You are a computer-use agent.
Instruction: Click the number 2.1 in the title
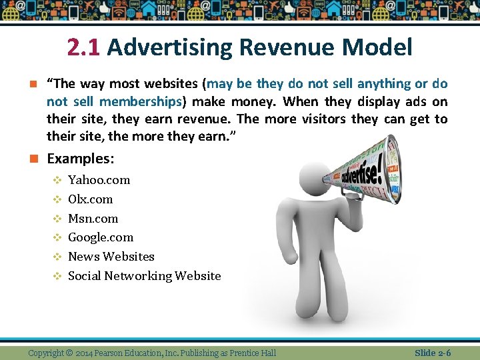(x=83, y=47)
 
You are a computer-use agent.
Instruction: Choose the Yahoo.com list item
(x=99, y=180)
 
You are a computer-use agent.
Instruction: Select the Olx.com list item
(x=91, y=199)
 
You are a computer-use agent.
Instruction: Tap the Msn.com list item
(x=93, y=219)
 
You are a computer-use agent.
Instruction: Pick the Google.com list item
(x=101, y=237)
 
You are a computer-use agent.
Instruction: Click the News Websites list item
(x=111, y=257)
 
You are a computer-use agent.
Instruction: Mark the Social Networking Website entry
(x=144, y=276)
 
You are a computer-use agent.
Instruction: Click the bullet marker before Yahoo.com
(x=57, y=180)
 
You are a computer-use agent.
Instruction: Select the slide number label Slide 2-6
(x=433, y=352)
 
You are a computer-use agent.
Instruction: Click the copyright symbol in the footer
(x=70, y=353)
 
